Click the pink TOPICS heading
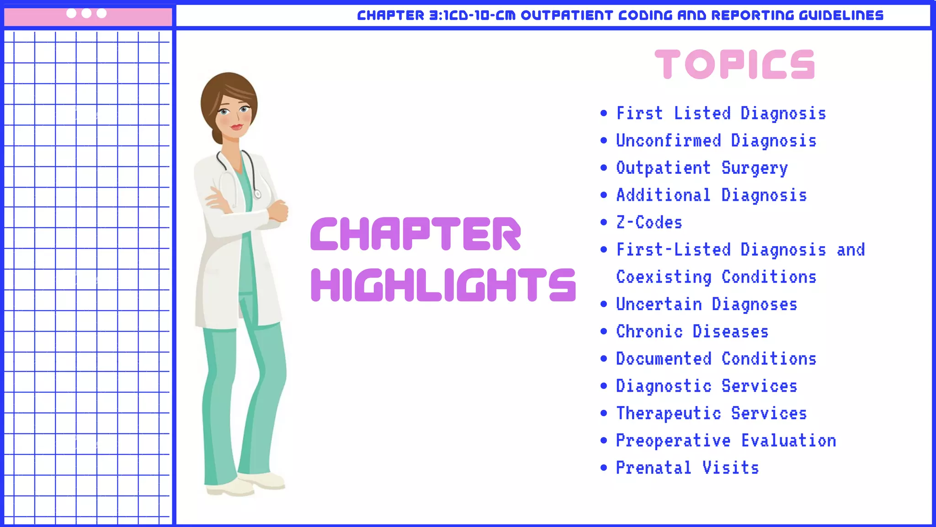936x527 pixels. point(734,65)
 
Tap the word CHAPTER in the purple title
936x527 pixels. point(415,234)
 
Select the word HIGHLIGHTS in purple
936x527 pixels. point(443,285)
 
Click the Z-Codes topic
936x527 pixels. point(649,222)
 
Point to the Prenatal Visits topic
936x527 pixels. point(687,468)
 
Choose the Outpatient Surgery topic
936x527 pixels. point(702,168)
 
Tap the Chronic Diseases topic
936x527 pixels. point(692,331)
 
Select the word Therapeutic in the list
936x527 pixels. point(668,413)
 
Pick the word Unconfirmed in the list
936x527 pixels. point(668,140)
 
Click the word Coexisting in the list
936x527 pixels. point(664,277)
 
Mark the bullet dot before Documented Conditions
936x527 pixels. point(604,359)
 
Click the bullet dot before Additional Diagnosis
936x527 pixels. point(604,195)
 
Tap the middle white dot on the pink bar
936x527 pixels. point(86,13)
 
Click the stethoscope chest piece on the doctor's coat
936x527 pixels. point(257,194)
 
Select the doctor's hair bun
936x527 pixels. point(217,136)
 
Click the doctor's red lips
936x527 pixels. point(236,127)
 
